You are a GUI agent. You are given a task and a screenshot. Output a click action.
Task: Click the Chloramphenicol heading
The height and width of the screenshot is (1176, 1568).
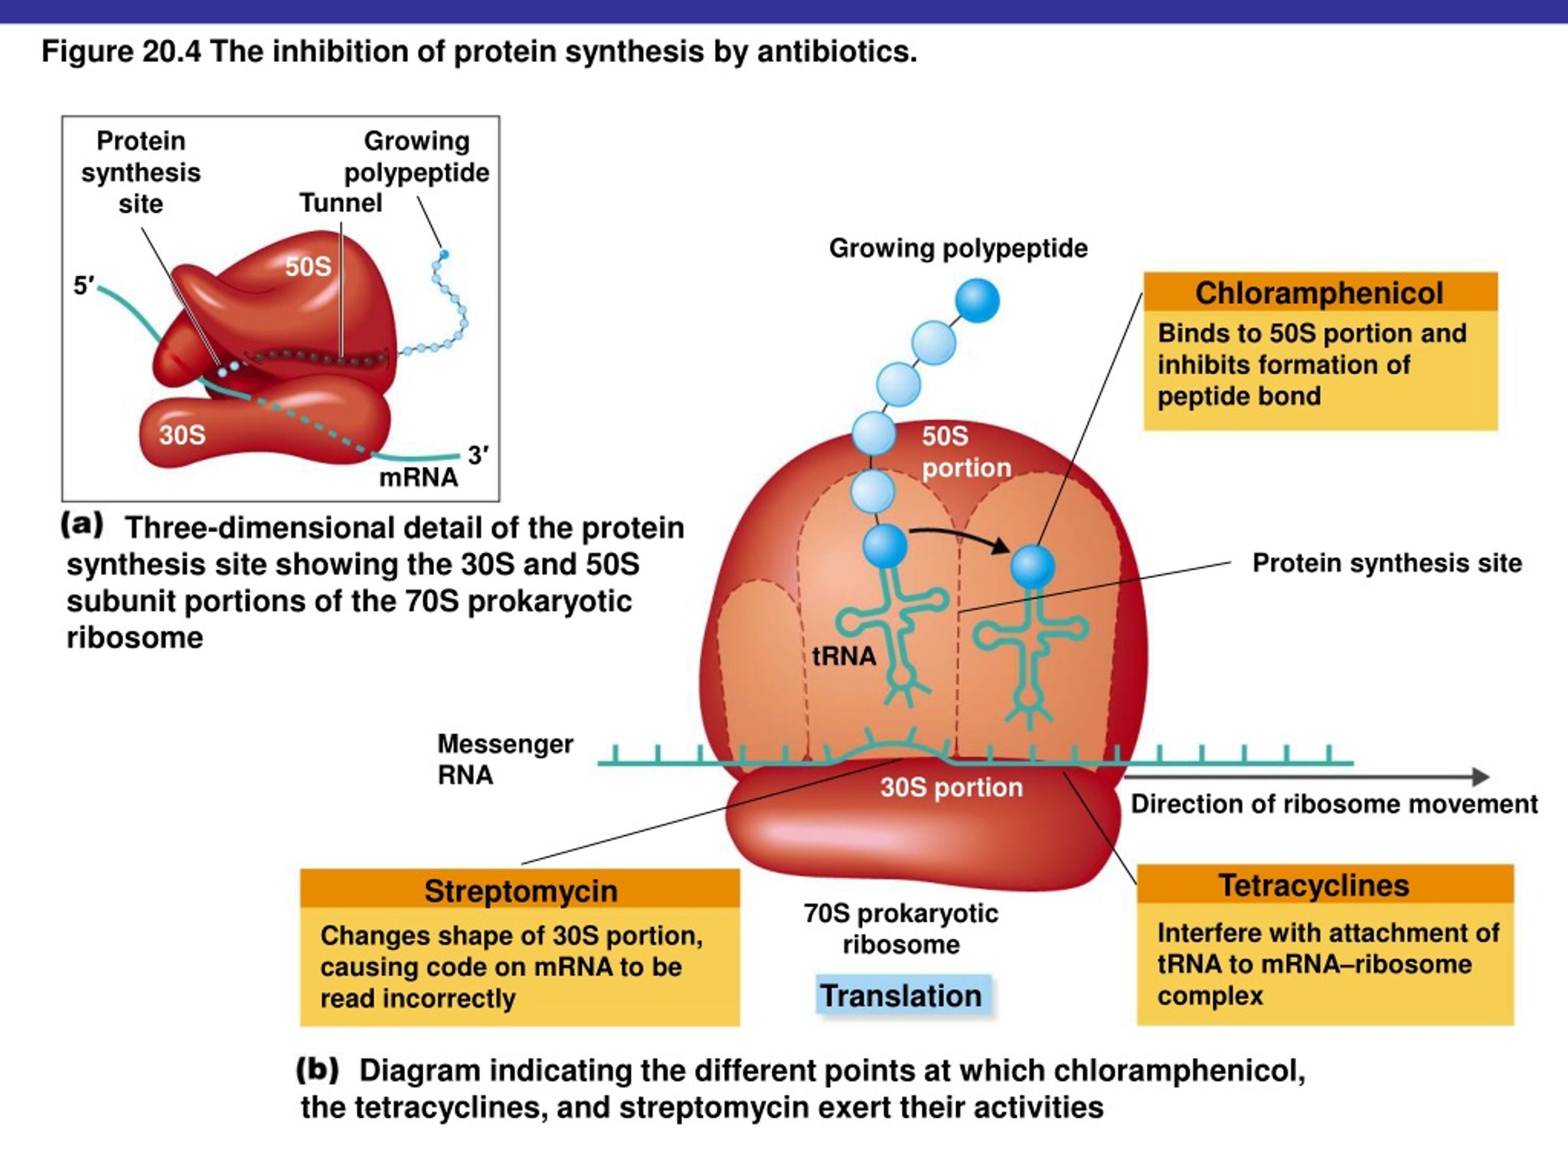pos(1319,293)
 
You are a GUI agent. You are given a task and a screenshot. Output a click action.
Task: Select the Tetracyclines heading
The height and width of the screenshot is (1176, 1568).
pos(1314,885)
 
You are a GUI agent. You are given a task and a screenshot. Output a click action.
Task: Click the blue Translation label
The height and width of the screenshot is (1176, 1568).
pos(901,995)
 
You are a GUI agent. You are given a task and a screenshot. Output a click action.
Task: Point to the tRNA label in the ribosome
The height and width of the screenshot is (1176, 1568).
pos(843,657)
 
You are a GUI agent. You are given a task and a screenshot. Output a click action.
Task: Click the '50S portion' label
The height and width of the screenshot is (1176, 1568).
pos(966,452)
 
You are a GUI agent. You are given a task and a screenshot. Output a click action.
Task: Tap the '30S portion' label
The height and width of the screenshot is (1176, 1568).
pos(951,788)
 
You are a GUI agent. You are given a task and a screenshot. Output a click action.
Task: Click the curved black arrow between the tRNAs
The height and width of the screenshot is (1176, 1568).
pos(961,536)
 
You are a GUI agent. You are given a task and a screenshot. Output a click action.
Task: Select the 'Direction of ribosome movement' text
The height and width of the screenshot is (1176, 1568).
pos(1334,804)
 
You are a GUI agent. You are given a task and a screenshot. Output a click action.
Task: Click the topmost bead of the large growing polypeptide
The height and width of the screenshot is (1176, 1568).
pos(978,301)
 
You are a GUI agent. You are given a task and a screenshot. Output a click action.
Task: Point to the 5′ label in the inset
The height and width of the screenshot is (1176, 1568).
pos(84,285)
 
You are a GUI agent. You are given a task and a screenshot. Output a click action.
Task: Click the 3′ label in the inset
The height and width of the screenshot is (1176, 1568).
pos(478,455)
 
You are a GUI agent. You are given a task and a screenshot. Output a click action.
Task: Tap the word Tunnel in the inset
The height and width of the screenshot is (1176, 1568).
pos(341,203)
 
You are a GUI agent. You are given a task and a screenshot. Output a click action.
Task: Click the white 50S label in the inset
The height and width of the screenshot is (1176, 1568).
pos(308,266)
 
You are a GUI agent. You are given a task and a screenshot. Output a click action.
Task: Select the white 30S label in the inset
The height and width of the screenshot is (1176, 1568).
pos(182,434)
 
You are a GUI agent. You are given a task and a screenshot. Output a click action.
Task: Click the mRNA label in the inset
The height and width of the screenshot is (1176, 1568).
pos(418,478)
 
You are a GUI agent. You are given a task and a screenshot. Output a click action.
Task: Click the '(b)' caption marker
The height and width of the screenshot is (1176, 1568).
pos(317,1069)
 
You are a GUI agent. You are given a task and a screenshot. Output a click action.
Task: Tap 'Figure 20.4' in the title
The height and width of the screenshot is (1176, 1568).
pos(121,51)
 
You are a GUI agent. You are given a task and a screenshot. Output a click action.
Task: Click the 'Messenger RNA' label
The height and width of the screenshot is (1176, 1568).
pos(505,759)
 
